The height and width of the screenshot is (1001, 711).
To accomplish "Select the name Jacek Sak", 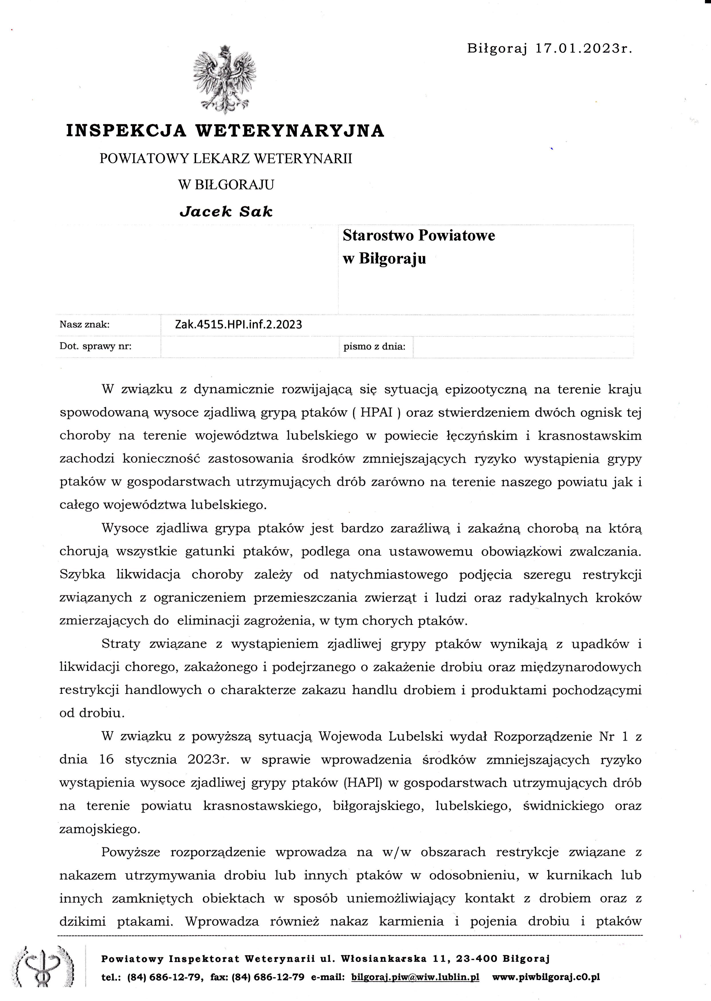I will (x=226, y=212).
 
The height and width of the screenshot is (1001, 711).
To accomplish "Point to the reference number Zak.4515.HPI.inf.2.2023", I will (x=238, y=324).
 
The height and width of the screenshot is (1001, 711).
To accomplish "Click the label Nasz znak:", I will (x=84, y=325).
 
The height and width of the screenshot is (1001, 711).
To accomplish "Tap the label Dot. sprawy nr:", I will (x=95, y=347).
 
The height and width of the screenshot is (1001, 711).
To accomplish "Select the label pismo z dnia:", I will (x=374, y=347).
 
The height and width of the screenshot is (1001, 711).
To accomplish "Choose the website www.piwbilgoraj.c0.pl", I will (x=546, y=977).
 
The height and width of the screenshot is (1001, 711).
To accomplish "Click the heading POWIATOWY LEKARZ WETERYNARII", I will (x=226, y=159).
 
